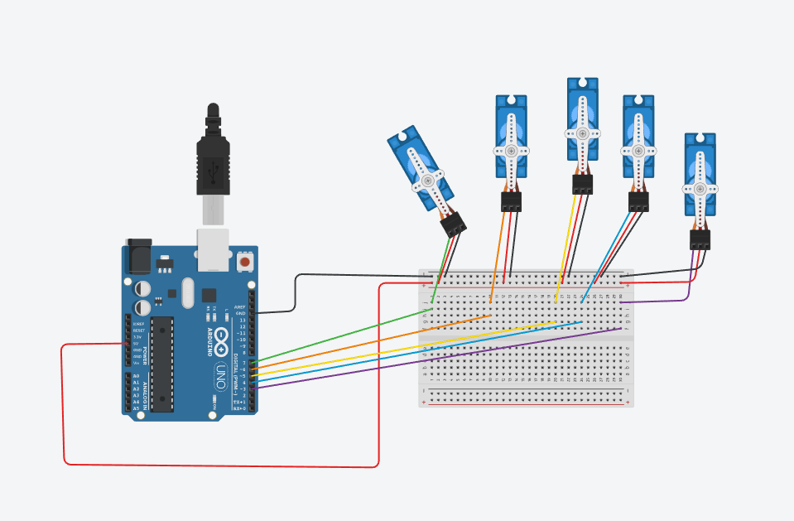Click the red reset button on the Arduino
245,261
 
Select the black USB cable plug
213,162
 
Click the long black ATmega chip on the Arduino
162,364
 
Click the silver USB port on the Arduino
213,249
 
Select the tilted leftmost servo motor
420,171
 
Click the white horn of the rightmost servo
700,188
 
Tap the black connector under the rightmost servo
700,239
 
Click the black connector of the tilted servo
453,224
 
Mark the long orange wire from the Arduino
373,340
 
